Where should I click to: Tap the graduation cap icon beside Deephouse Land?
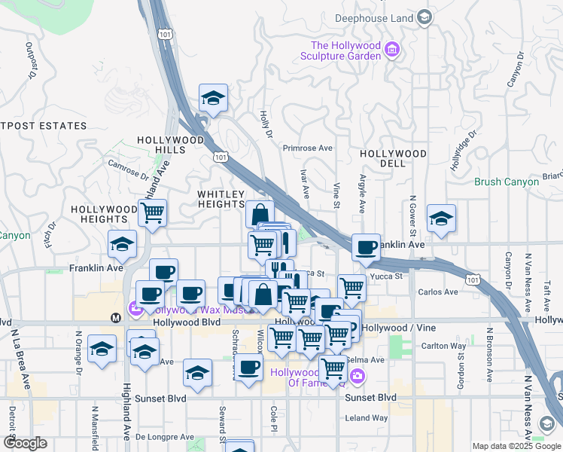click(424, 17)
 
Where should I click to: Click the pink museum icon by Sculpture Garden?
click(391, 50)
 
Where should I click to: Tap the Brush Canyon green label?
click(507, 182)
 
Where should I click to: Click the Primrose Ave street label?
click(307, 148)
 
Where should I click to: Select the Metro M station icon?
click(116, 317)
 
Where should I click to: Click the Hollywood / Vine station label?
click(392, 328)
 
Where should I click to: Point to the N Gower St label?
click(412, 216)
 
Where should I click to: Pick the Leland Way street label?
click(367, 417)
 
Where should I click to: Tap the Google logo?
click(25, 443)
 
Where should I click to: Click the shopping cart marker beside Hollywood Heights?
click(153, 213)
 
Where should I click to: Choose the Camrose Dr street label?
click(128, 169)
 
